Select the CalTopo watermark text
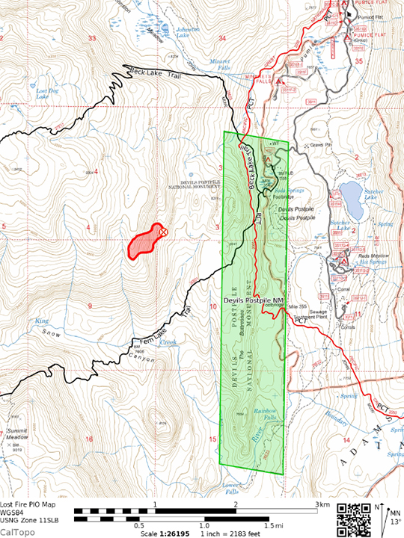click(x=16, y=532)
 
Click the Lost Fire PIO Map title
click(x=31, y=504)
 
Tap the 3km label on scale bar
click(x=322, y=506)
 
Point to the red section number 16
click(x=89, y=439)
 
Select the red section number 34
click(x=221, y=37)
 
